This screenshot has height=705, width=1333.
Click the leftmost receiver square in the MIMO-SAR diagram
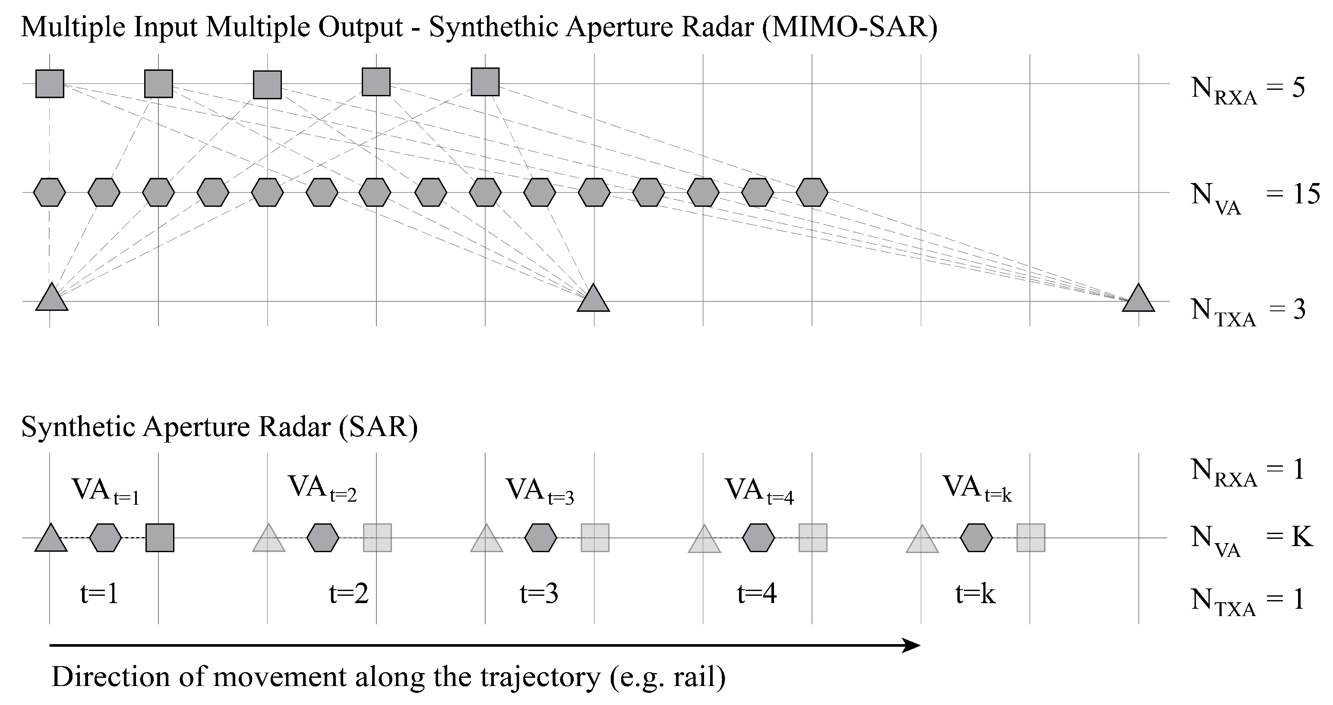tap(50, 84)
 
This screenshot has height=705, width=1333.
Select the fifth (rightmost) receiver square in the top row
tap(485, 82)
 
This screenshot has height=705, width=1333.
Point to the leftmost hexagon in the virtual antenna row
tap(50, 193)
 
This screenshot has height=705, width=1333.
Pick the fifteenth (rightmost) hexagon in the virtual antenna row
tap(812, 193)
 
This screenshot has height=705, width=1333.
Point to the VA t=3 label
tap(539, 491)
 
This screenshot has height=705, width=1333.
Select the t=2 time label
tap(349, 594)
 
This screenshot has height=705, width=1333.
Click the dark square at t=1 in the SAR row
tap(160, 538)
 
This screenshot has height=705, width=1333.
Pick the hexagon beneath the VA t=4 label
tap(758, 538)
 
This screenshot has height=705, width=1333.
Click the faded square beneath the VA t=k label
tap(1031, 538)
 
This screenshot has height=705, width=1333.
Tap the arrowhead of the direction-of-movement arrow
tap(912, 645)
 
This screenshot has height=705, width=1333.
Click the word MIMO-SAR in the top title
tap(849, 27)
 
